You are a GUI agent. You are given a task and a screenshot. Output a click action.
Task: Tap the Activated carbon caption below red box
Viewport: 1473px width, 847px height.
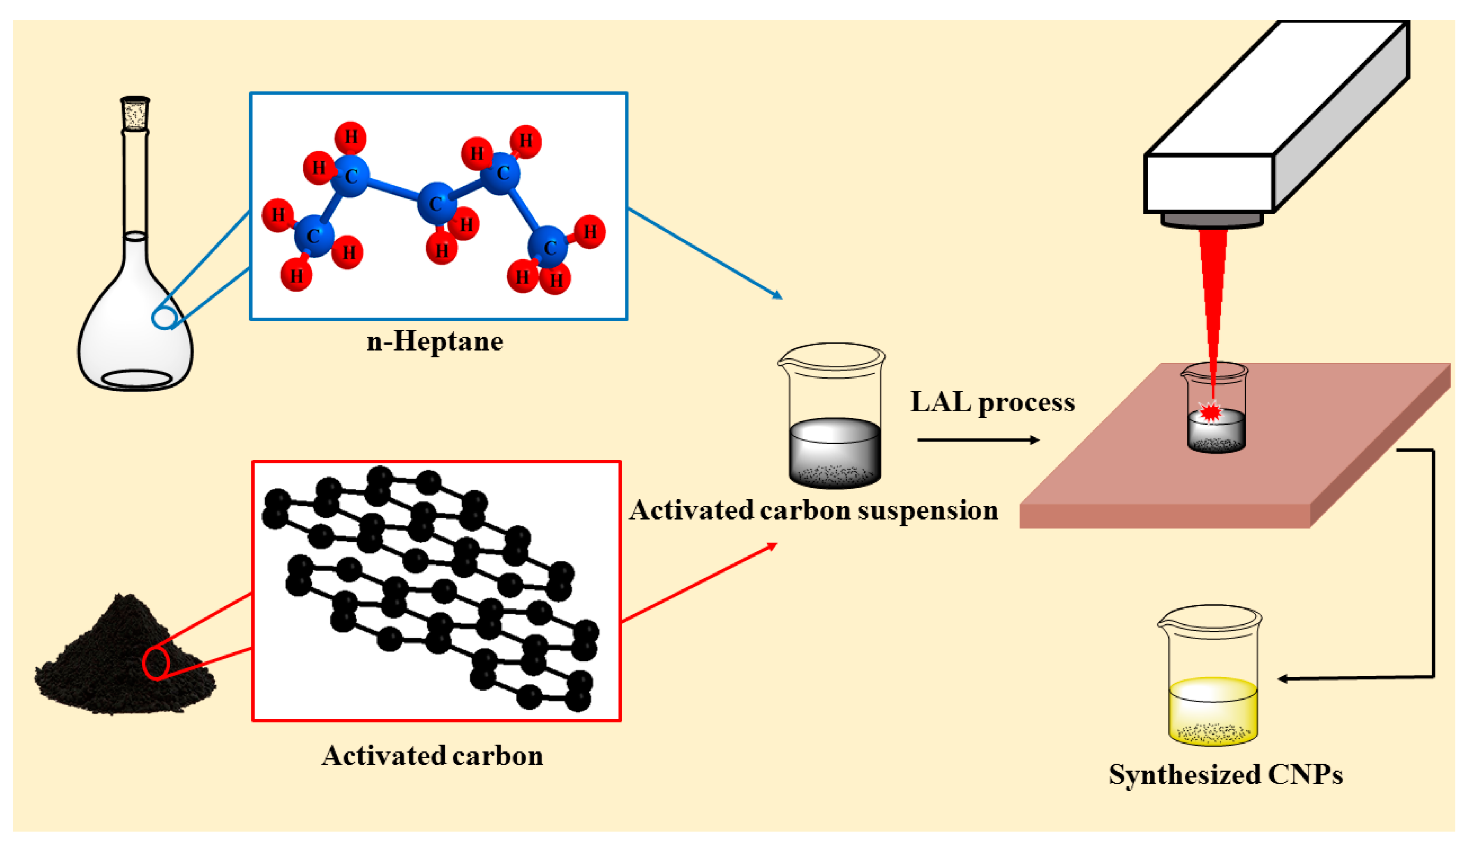[432, 756]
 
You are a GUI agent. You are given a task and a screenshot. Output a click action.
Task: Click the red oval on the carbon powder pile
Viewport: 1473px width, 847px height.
[155, 663]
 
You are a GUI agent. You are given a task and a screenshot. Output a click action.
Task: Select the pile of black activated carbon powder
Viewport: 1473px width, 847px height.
[116, 663]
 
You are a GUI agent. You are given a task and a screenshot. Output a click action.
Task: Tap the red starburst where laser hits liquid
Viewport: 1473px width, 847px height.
[1211, 411]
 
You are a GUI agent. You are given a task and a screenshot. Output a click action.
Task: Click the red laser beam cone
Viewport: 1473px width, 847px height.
[1213, 291]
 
